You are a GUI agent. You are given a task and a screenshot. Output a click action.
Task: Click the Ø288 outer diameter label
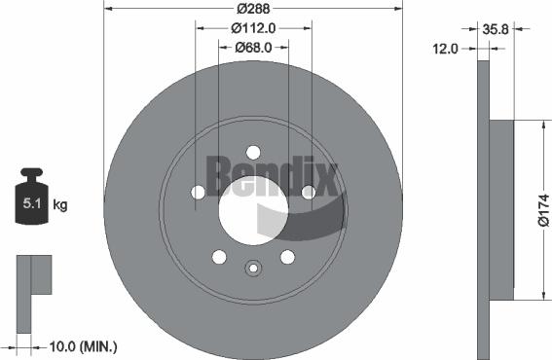pyautogui.click(x=253, y=8)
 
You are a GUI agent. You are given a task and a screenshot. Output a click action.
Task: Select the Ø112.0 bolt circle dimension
pyautogui.click(x=254, y=28)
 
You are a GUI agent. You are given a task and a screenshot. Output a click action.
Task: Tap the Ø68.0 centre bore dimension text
pyautogui.click(x=253, y=48)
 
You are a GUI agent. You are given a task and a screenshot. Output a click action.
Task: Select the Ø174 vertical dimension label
pyautogui.click(x=542, y=208)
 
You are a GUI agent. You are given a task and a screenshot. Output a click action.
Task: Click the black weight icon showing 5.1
pyautogui.click(x=31, y=201)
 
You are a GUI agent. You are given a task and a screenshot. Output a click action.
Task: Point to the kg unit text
pyautogui.click(x=59, y=205)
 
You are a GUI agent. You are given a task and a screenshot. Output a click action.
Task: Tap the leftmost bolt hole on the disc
pyautogui.click(x=198, y=192)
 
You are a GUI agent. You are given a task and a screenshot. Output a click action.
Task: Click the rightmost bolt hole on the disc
pyautogui.click(x=309, y=192)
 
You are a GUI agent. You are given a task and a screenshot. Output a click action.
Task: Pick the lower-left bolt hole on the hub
pyautogui.click(x=219, y=256)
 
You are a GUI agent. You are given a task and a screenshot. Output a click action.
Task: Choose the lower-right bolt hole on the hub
pyautogui.click(x=287, y=256)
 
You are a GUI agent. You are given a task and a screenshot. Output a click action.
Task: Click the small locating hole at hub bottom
pyautogui.click(x=253, y=269)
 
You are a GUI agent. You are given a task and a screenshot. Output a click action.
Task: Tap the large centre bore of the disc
pyautogui.click(x=248, y=208)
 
